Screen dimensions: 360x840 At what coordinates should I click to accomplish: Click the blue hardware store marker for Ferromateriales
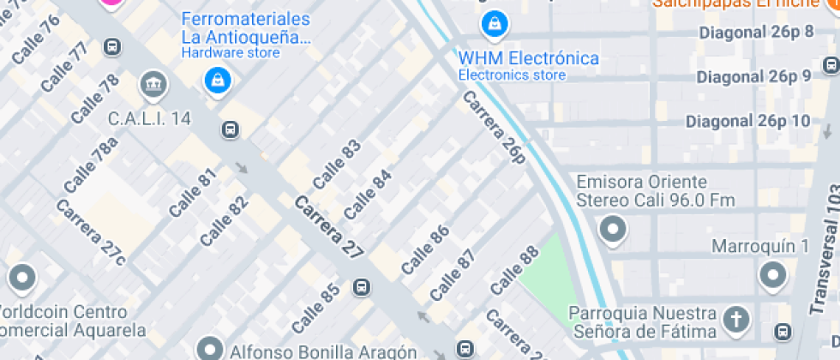pos(219,81)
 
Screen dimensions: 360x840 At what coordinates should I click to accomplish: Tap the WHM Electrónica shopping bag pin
pos(494,25)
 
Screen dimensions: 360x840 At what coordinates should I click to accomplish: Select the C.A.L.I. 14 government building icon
pos(154,84)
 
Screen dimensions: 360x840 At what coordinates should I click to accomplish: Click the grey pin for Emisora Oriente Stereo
pos(613,229)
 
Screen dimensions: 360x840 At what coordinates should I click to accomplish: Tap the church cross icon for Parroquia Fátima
pos(735,320)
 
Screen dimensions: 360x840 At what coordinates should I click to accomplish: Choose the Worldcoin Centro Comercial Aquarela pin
pos(21,278)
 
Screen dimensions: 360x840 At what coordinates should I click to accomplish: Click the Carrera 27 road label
pos(329,227)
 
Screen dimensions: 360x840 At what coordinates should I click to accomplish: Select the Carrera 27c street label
pos(91,231)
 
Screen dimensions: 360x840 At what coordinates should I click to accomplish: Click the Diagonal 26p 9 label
pos(753,77)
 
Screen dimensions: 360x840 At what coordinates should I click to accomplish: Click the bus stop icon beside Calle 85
pos(363,287)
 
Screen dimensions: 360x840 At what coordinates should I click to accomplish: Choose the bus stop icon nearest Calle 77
pos(112,46)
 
